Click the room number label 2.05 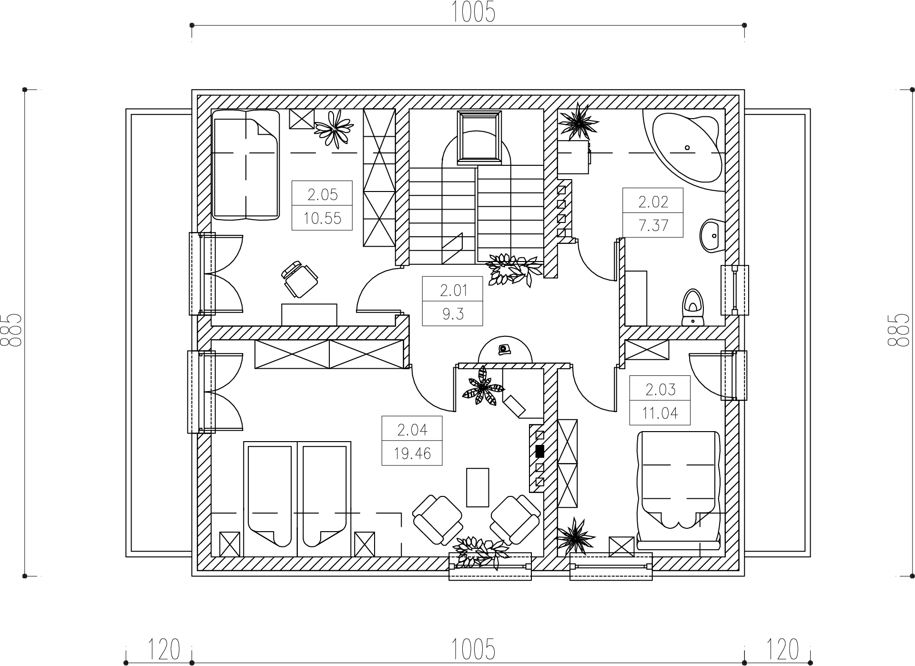322,194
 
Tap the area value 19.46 412,454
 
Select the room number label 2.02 653,202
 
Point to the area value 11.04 660,413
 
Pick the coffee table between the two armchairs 478,487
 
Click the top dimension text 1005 473,12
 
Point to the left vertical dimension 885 11,329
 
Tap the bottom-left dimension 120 164,649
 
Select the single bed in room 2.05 245,165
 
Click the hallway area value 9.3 453,314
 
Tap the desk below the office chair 309,314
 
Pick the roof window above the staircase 479,138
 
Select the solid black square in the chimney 540,451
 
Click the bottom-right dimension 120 782,649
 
